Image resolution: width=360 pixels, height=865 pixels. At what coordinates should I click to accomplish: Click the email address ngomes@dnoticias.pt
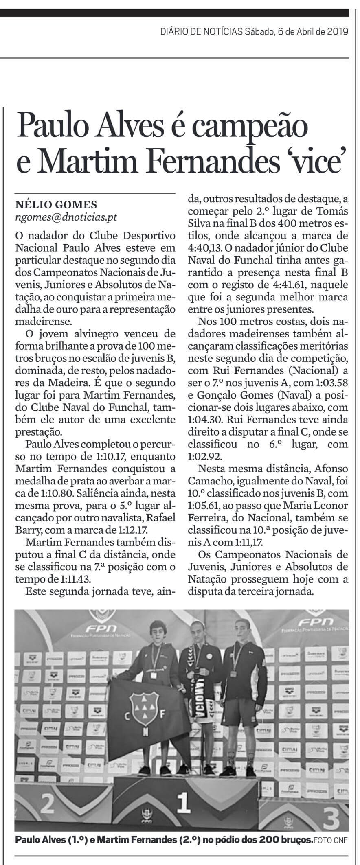(x=66, y=217)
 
